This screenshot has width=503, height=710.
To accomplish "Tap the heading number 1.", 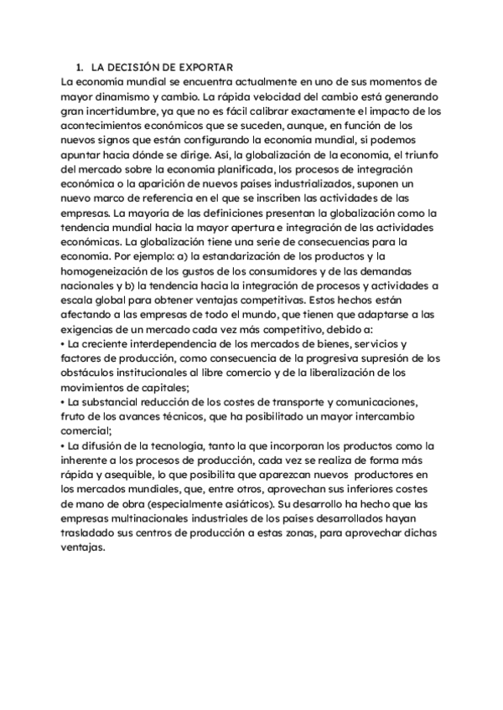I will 77,66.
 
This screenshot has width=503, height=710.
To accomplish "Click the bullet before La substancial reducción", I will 64,402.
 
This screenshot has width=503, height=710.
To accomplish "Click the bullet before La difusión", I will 64,445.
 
